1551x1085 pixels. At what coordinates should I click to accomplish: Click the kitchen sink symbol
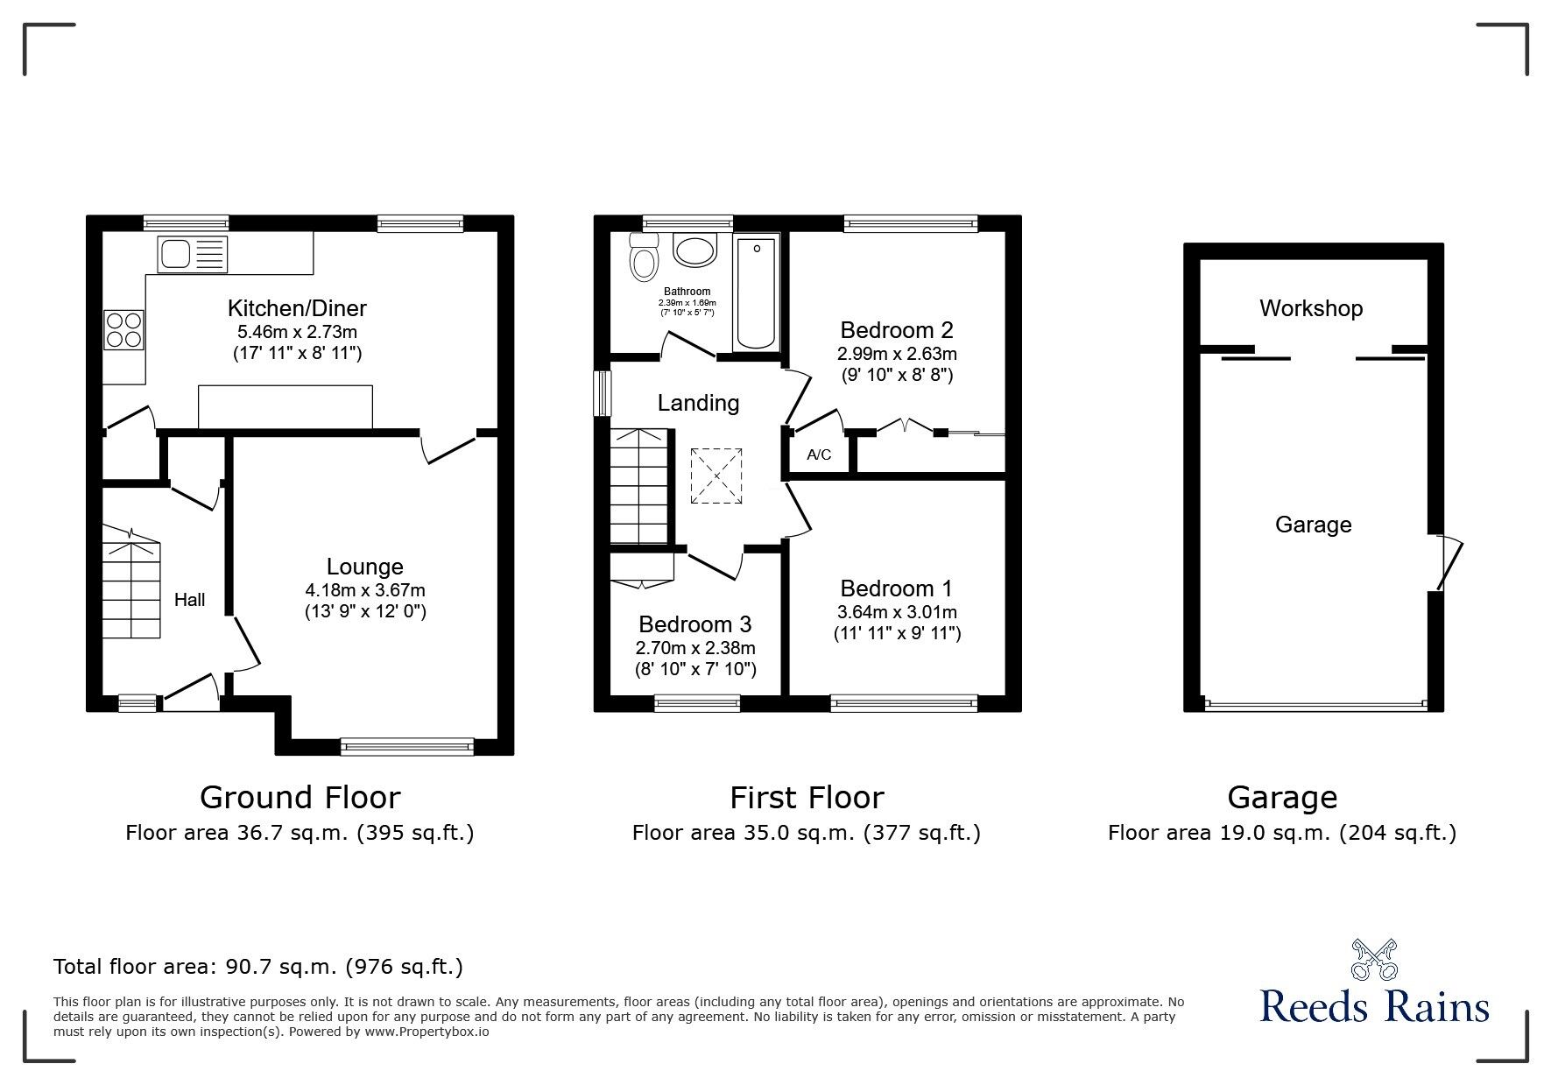192,253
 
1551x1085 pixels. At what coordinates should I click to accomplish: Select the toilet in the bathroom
645,257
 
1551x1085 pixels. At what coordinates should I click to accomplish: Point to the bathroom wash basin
696,250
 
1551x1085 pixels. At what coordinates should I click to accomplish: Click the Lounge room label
365,567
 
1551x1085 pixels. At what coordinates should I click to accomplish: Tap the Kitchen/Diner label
297,308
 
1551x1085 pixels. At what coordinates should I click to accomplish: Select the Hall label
190,600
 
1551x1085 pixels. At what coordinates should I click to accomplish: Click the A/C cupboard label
819,455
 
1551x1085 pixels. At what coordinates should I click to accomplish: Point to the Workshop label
1311,308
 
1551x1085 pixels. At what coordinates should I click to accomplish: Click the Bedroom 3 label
695,624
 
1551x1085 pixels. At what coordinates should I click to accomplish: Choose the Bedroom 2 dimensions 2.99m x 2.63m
897,354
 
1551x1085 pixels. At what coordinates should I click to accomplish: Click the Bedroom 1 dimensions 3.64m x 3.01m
897,612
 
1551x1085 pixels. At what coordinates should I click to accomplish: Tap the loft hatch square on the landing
716,476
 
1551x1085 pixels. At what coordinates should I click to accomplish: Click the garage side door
1449,561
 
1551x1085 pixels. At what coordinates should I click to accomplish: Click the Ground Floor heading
300,798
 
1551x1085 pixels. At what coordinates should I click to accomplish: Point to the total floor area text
258,967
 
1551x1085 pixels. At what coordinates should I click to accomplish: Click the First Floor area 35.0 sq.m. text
807,833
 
